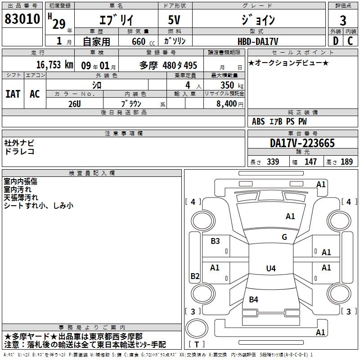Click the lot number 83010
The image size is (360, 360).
click(22, 19)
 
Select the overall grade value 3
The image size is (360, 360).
click(343, 21)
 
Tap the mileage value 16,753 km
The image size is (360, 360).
click(49, 64)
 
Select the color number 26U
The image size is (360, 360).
click(75, 104)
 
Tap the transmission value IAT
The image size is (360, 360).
click(13, 94)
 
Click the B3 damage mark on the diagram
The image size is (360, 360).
click(216, 241)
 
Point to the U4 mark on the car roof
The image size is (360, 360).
click(270, 269)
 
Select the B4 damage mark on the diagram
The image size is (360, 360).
click(254, 299)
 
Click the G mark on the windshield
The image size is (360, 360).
click(284, 237)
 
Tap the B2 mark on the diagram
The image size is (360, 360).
click(195, 276)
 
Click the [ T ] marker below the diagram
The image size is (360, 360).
click(197, 345)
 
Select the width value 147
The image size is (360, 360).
click(310, 162)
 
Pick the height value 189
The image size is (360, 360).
click(346, 162)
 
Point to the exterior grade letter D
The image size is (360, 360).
click(335, 41)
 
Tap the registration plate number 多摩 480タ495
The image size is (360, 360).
click(168, 65)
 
